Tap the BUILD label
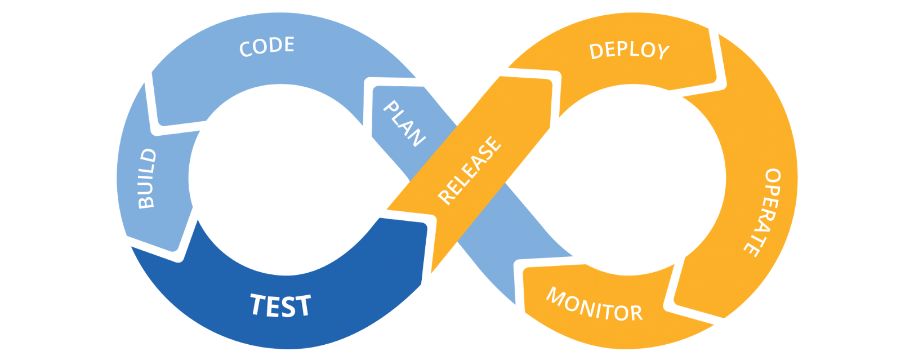coord(148,178)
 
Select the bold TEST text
coord(280,305)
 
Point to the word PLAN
coord(404,124)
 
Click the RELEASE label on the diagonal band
coord(470,170)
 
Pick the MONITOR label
coord(594,305)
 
